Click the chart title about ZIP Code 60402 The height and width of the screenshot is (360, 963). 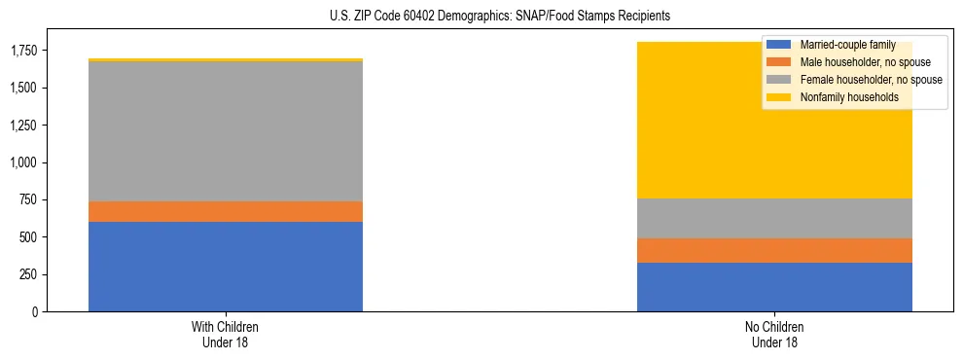click(x=481, y=17)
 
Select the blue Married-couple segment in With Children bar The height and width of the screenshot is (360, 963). click(x=226, y=267)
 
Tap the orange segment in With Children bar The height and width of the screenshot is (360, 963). click(x=226, y=211)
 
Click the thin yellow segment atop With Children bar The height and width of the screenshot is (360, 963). click(x=226, y=60)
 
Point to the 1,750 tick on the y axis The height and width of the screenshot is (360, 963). click(x=25, y=51)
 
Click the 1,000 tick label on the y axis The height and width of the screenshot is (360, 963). click(x=25, y=162)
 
